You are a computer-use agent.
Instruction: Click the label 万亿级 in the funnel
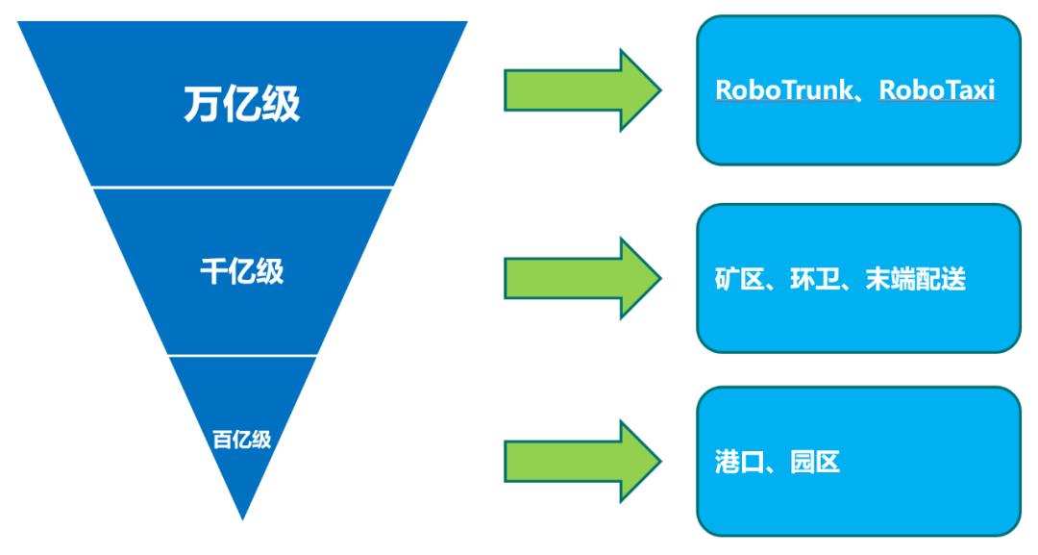[x=240, y=105]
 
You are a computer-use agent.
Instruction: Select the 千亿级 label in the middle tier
[x=241, y=272]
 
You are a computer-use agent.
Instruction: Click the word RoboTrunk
[x=780, y=89]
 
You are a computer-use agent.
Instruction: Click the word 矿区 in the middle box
[x=736, y=280]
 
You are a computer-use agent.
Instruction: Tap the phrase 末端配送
[x=918, y=280]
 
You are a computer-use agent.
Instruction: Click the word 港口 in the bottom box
[x=736, y=463]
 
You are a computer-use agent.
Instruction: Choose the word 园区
[x=816, y=463]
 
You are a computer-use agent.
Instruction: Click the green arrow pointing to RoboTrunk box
[x=581, y=92]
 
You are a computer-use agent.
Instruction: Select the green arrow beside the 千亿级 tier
[x=581, y=278]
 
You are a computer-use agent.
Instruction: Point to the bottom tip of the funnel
[x=242, y=517]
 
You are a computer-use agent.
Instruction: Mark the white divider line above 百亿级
[x=242, y=355]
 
